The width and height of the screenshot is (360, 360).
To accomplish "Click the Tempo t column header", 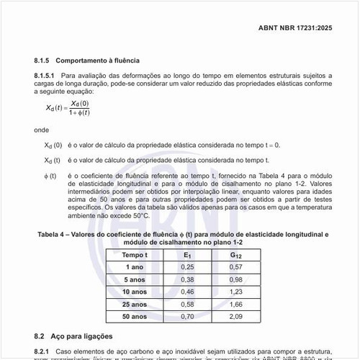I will click(135, 255).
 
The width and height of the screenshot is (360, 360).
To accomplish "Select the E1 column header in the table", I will click(187, 255).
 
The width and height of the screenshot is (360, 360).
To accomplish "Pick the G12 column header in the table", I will click(237, 255).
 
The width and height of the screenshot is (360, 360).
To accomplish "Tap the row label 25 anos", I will click(135, 304).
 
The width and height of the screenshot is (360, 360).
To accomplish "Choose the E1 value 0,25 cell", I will click(187, 267).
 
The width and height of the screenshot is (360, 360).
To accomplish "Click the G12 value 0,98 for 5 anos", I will click(237, 279).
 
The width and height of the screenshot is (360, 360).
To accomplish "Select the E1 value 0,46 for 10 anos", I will click(187, 292).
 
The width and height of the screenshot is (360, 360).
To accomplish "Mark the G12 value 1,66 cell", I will click(237, 304).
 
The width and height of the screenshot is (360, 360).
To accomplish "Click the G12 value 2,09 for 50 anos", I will click(237, 316).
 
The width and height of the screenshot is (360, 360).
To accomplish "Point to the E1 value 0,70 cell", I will click(187, 316).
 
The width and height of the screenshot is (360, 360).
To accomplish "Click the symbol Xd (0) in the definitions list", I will click(53, 145).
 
